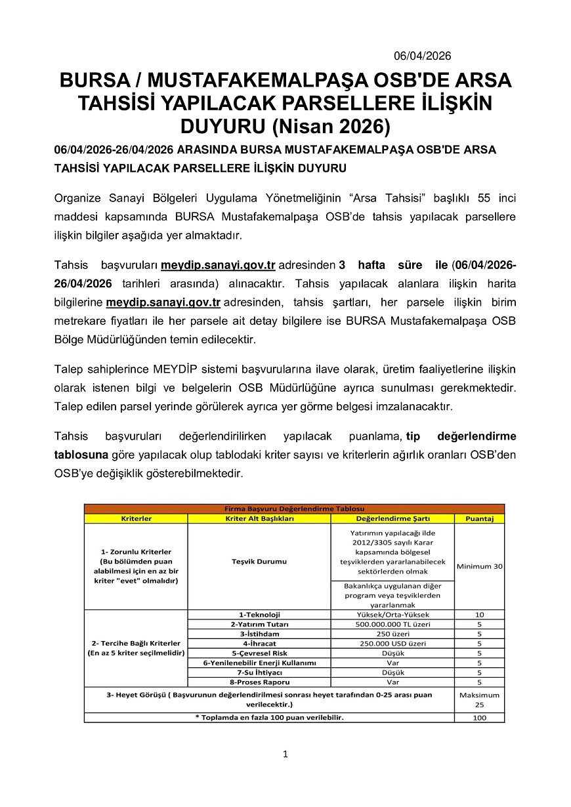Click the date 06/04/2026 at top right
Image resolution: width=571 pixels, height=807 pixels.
pos(422,56)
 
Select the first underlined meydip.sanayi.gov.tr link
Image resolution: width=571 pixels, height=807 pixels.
pos(218,265)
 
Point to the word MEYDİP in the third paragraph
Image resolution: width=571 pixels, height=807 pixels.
pos(173,369)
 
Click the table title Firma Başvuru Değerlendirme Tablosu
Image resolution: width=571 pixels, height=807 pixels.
pos(294,508)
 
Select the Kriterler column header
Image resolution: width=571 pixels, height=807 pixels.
pos(136,518)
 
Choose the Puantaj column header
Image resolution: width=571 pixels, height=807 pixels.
pos(479,518)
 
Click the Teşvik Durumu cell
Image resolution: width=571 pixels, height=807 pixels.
pos(259,562)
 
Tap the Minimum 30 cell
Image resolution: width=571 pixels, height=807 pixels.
pos(479,566)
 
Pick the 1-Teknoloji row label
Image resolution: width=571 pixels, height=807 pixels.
pos(259,615)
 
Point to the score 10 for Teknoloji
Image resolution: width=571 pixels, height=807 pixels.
pos(479,615)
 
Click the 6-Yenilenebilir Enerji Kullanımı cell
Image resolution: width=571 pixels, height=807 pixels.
pos(259,663)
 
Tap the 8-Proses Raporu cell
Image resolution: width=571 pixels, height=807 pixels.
pos(259,682)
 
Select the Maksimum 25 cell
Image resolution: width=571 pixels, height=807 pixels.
pos(479,699)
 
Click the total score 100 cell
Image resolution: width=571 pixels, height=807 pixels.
pos(479,718)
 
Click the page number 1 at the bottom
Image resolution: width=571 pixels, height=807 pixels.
pos(285,755)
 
